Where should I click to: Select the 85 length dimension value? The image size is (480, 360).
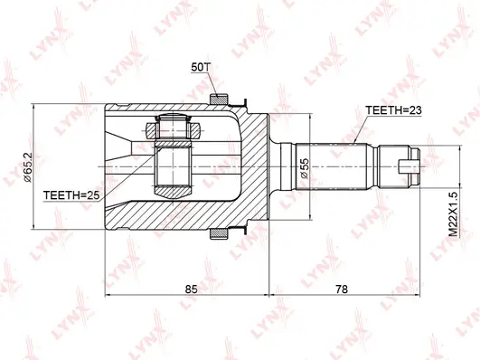coord(192,289)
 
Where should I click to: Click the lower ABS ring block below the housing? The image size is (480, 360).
coord(218,234)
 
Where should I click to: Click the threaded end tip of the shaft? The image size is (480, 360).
coord(411,166)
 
